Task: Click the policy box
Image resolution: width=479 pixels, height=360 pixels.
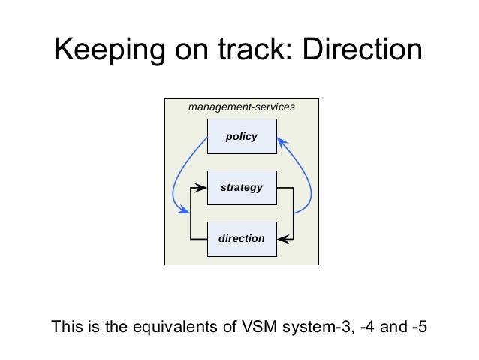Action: [242, 137]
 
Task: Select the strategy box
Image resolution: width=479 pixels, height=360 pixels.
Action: [242, 187]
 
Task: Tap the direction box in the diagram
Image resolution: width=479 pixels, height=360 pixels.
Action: [242, 238]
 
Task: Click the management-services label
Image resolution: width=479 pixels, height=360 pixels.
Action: [242, 107]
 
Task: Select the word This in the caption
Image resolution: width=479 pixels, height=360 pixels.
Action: [64, 328]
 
